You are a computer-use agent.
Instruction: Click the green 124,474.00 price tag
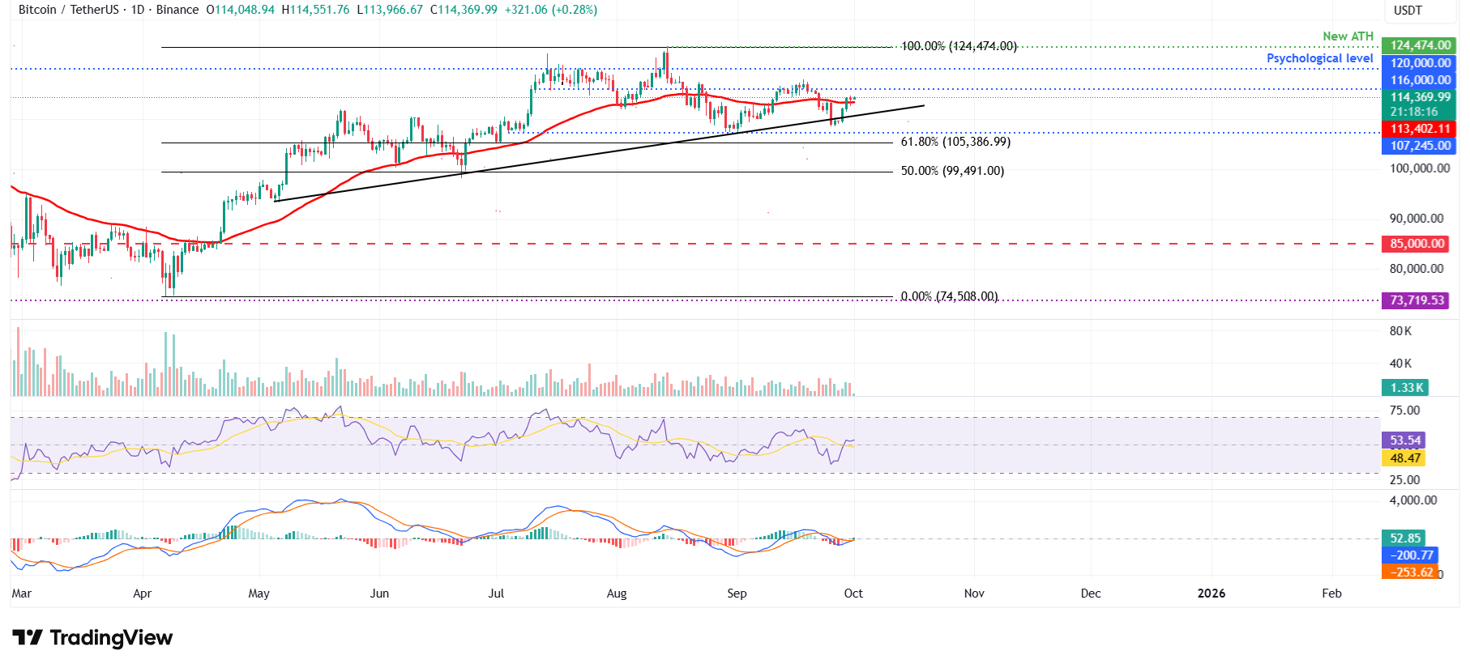point(1420,45)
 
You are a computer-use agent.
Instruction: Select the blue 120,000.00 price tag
point(1420,63)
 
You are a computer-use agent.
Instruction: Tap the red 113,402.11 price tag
point(1420,129)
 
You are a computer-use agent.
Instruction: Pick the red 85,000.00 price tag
point(1417,244)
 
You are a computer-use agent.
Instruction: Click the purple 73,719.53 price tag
point(1417,300)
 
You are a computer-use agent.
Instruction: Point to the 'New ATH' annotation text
point(1348,36)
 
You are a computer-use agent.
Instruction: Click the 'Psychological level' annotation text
point(1319,58)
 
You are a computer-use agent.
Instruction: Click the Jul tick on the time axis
point(496,594)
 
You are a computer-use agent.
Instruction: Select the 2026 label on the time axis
point(1211,594)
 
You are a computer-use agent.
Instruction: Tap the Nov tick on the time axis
point(974,594)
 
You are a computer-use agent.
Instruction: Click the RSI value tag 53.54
point(1404,440)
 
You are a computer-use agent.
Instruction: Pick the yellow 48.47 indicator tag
point(1404,458)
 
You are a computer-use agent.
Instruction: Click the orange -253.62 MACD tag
point(1411,572)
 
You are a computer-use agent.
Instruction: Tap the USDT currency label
point(1408,11)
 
